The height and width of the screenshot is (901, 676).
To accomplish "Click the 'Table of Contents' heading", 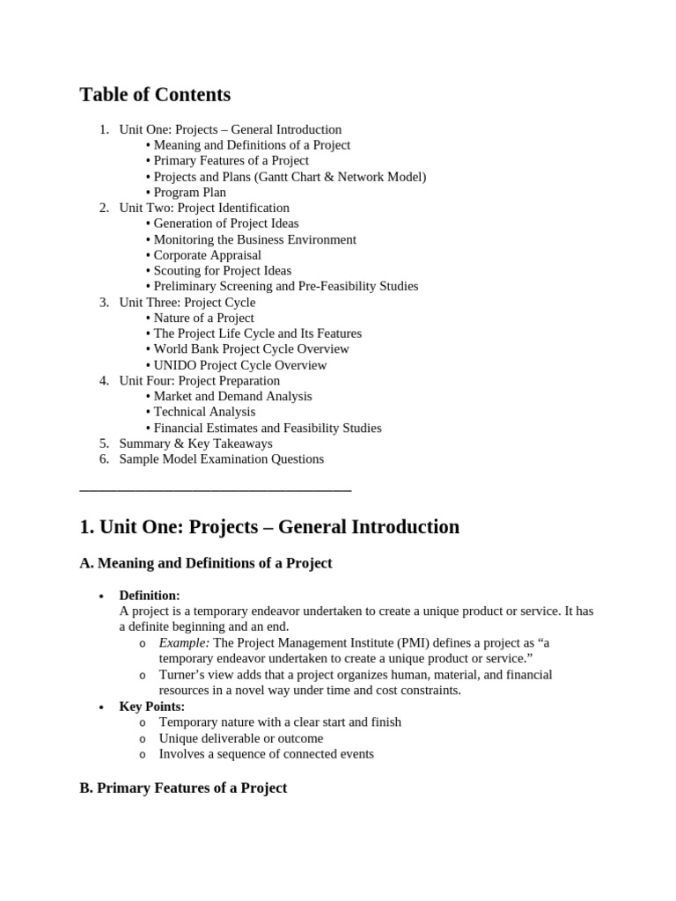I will pos(155,95).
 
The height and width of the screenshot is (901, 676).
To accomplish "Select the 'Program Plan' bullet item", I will pos(189,193).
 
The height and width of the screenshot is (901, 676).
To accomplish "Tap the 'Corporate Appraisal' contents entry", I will pos(207,255).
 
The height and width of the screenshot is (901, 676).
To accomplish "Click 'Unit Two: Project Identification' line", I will pos(203,208).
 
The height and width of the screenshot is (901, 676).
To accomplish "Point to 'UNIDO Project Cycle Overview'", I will pos(239,365).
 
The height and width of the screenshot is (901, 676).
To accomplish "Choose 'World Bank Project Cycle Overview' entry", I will pos(251,349).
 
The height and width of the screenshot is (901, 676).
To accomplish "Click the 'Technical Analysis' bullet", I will pos(204,412).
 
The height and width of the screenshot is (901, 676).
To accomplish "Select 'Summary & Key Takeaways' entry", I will pos(195,443).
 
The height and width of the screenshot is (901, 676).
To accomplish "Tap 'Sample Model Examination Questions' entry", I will pos(221,459).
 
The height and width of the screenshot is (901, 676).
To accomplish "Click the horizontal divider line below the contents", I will pos(215,489).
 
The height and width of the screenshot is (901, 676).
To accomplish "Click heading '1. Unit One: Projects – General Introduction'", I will pos(269,527).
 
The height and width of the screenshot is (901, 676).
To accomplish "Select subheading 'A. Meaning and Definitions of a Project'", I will pos(206,563).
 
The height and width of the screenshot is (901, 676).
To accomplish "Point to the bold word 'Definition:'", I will pos(150,596).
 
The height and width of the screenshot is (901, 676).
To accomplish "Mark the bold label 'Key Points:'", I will pos(152,707).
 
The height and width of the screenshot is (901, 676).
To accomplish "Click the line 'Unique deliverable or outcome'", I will pos(240,738).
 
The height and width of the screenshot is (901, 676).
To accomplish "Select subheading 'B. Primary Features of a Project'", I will pos(183,788).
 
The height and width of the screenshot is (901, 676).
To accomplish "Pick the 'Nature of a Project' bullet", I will pos(203,318).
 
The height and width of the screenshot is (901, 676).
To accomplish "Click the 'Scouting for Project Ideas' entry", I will pos(222,271).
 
